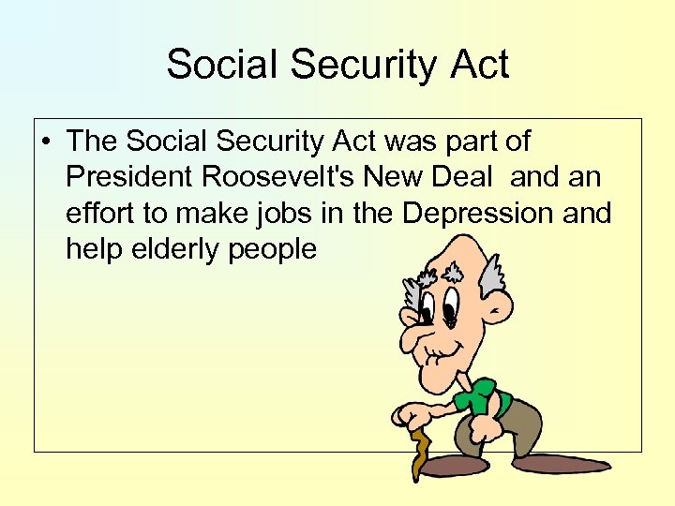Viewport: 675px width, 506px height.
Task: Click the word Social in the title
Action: (x=222, y=66)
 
